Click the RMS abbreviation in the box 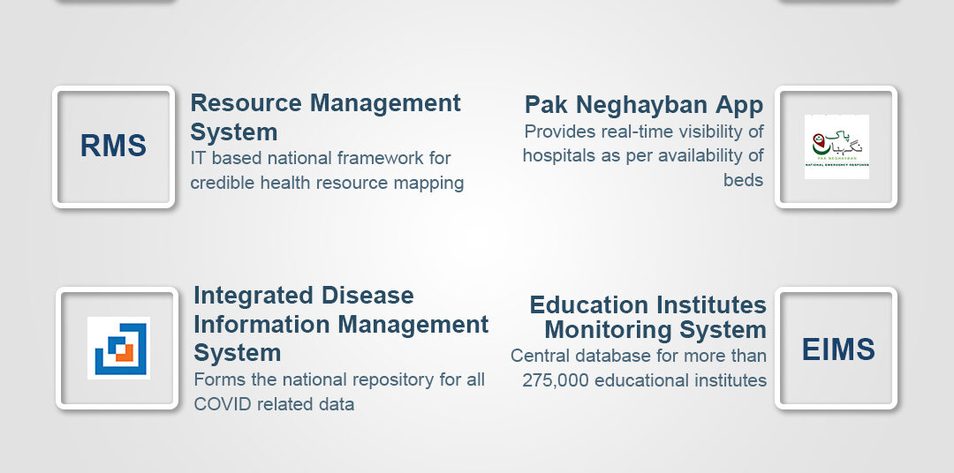(x=113, y=146)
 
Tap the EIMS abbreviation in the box (x=838, y=349)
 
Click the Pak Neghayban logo (x=837, y=146)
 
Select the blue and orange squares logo (x=118, y=348)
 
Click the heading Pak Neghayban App (x=644, y=105)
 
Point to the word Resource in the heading (x=246, y=102)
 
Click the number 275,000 (x=556, y=380)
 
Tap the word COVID (x=223, y=403)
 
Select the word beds (x=744, y=180)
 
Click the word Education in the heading (x=587, y=304)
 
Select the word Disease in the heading (x=367, y=296)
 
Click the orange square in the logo (x=125, y=353)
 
